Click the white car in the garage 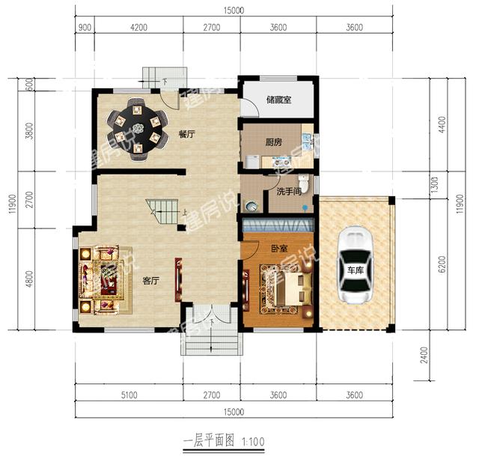tap(355, 265)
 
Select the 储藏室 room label tap(278, 100)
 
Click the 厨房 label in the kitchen tap(273, 142)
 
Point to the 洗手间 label tap(289, 192)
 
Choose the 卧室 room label tap(279, 248)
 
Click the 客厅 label tap(151, 281)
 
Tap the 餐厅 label tap(186, 134)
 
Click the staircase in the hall tap(162, 211)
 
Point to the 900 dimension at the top tap(85, 28)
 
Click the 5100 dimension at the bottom tap(129, 395)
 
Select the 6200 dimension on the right tap(442, 264)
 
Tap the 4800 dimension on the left tap(29, 279)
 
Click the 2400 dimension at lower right tap(424, 355)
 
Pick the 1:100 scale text tap(253, 442)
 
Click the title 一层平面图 tap(209, 441)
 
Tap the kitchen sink tap(306, 141)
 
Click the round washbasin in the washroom tap(252, 207)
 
